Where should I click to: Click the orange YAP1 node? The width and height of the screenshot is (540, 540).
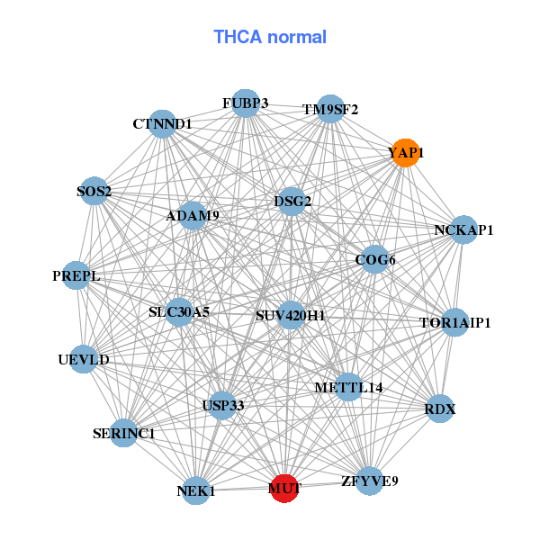406,153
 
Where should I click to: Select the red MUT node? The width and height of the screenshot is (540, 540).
284,489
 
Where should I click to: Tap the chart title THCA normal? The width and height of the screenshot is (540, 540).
270,37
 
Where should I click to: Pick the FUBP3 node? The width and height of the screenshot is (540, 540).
245,103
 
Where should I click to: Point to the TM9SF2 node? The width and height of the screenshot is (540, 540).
330,109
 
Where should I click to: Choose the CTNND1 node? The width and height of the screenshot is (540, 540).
162,124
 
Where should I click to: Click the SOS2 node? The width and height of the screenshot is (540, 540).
94,191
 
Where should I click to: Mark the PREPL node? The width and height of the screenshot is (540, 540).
76,275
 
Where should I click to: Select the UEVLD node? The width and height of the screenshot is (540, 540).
84,359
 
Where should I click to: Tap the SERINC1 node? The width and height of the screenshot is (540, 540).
123,433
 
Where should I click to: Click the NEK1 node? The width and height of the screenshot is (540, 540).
195,490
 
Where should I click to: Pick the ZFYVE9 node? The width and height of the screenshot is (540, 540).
370,481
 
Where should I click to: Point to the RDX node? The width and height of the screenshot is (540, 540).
440,409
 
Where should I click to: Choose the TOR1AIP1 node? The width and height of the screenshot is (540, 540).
454,322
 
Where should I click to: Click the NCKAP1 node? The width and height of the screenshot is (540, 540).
463,229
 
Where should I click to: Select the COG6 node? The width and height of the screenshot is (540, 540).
375,260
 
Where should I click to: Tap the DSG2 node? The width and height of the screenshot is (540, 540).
292,202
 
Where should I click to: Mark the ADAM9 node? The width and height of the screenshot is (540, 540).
193,216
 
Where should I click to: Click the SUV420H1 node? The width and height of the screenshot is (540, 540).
291,315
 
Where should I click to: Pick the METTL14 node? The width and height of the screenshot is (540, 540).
349,387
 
